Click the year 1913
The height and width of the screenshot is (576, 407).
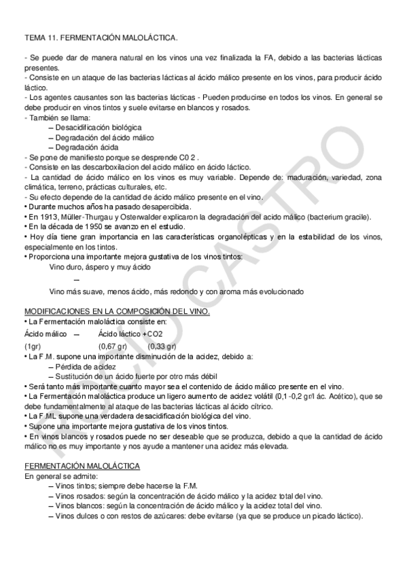click(x=43, y=217)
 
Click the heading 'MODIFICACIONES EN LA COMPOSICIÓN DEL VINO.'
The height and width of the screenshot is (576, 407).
click(x=117, y=311)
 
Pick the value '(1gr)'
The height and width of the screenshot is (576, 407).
click(x=32, y=346)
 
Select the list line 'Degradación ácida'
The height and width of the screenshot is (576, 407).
click(x=88, y=147)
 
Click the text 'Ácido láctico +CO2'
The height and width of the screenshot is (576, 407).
click(x=130, y=334)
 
